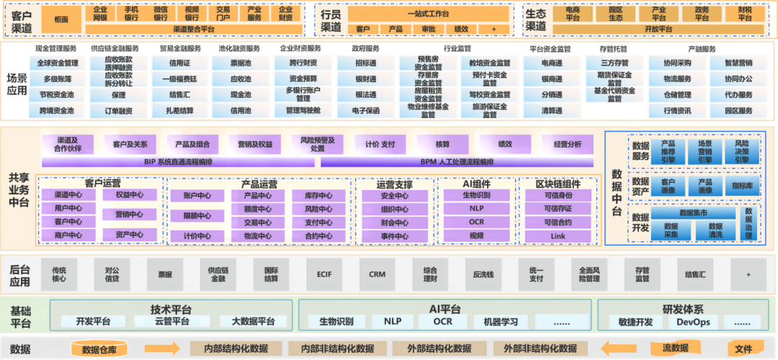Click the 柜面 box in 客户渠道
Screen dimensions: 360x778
[x=61, y=19]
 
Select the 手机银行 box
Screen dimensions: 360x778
[x=131, y=13]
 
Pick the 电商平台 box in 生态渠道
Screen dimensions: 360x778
[x=573, y=13]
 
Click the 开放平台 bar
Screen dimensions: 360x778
[x=658, y=29]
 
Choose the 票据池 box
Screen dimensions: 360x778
[x=240, y=63]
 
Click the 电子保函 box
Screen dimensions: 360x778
[x=365, y=111]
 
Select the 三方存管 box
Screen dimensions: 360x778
[x=615, y=63]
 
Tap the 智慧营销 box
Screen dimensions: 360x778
[x=738, y=63]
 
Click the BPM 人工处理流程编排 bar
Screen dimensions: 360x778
[x=457, y=161]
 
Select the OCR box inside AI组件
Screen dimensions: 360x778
[x=476, y=222]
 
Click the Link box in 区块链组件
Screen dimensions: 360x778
[x=558, y=235]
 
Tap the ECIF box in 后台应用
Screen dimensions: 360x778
[x=324, y=274]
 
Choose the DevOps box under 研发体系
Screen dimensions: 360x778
[x=694, y=322]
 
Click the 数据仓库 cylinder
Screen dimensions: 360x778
[x=99, y=350]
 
